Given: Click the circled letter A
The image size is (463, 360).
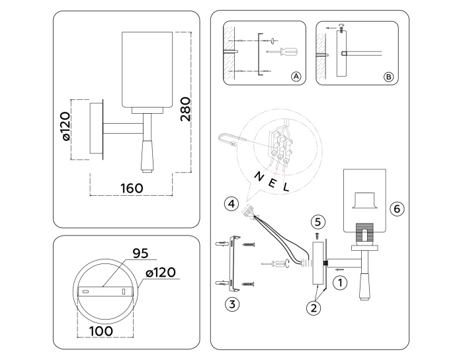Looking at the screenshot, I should (x=296, y=77).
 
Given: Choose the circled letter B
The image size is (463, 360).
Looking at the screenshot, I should (x=388, y=77).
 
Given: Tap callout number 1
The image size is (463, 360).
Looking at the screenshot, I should (x=339, y=283).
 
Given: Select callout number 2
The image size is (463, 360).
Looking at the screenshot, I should (x=314, y=306).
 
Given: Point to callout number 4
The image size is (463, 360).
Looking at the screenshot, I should (x=229, y=203).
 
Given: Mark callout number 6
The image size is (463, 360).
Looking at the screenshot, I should (x=396, y=208).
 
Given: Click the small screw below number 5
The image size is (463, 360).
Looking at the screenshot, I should (x=317, y=235).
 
